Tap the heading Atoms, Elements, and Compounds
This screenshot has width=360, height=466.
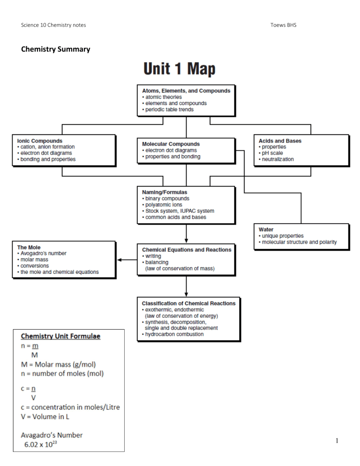coord(186,90)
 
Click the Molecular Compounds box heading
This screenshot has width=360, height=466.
coord(171,144)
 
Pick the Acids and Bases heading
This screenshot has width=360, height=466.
coord(280,141)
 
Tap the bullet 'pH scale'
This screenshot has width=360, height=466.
coord(272,153)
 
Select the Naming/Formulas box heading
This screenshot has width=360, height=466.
coord(165,192)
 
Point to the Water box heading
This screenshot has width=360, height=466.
coord(266,229)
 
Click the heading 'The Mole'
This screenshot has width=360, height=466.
coord(30,247)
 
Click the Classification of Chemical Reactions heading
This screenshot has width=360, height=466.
coord(188,303)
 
